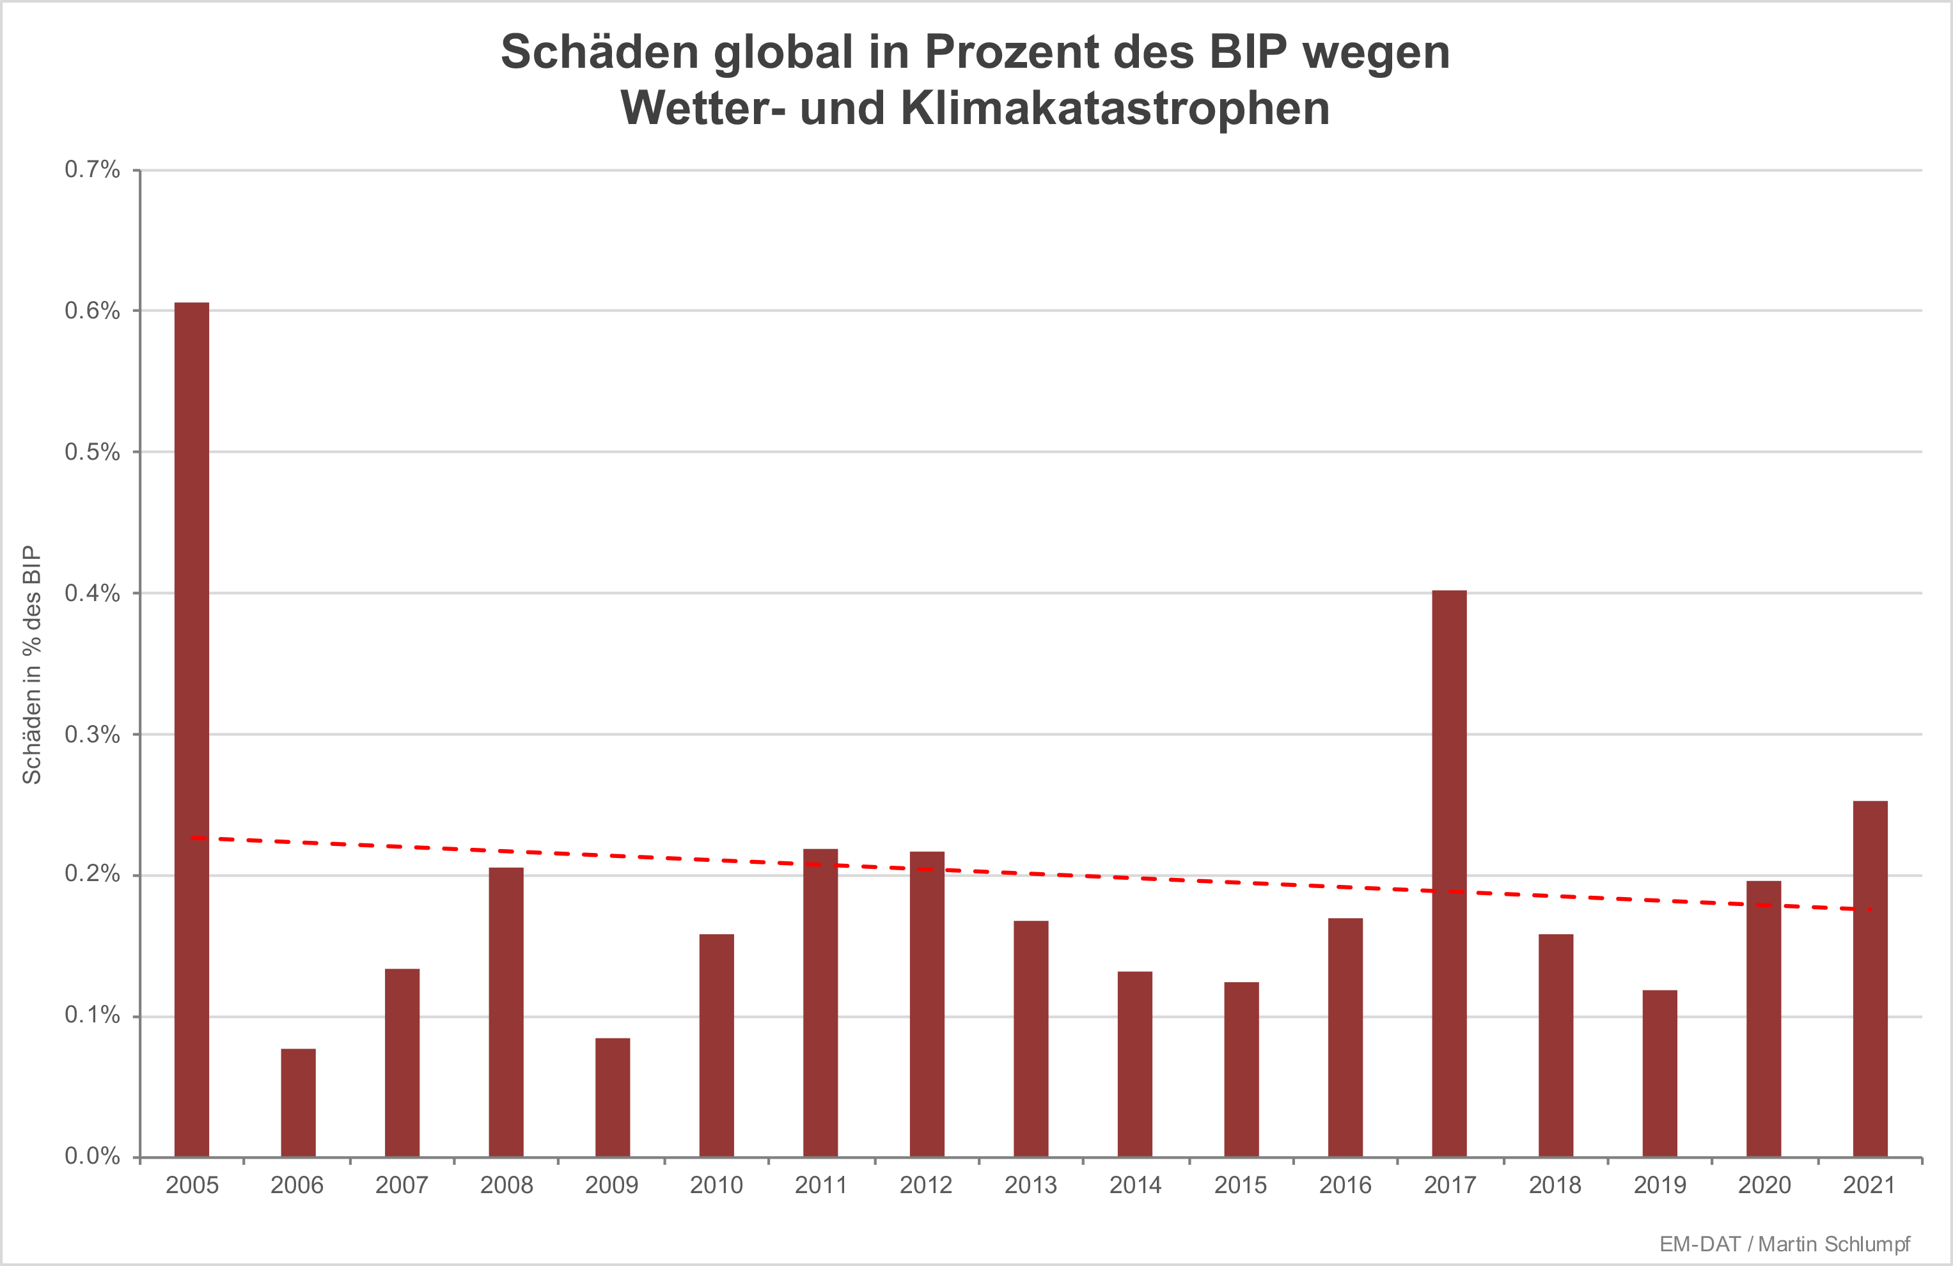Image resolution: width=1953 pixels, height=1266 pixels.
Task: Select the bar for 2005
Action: click(x=192, y=730)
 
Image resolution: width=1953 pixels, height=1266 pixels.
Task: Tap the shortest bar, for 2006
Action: click(x=298, y=1103)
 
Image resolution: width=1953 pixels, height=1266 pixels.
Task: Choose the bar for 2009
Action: click(x=613, y=1097)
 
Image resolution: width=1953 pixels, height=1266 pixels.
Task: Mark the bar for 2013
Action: click(x=1031, y=1039)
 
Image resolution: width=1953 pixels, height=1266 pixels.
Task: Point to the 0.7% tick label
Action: click(x=92, y=170)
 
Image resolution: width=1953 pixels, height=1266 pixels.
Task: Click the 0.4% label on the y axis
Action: click(x=92, y=593)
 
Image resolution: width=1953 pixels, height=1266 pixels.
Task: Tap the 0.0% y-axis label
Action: click(x=92, y=1157)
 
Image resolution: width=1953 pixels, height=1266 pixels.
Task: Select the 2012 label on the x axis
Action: click(x=925, y=1185)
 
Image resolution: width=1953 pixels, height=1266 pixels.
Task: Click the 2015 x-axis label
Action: click(x=1240, y=1185)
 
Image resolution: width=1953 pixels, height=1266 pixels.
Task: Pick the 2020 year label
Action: click(x=1764, y=1185)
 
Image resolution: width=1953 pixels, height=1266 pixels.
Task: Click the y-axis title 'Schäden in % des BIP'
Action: click(x=31, y=664)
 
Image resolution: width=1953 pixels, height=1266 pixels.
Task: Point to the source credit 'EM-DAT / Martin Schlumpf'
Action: click(x=1784, y=1245)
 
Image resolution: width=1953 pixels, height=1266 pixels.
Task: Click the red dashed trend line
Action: click(x=1149, y=879)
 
